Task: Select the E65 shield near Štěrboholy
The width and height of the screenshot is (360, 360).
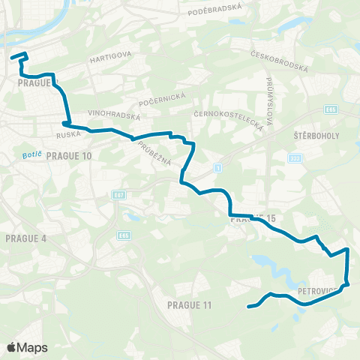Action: click(331, 109)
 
